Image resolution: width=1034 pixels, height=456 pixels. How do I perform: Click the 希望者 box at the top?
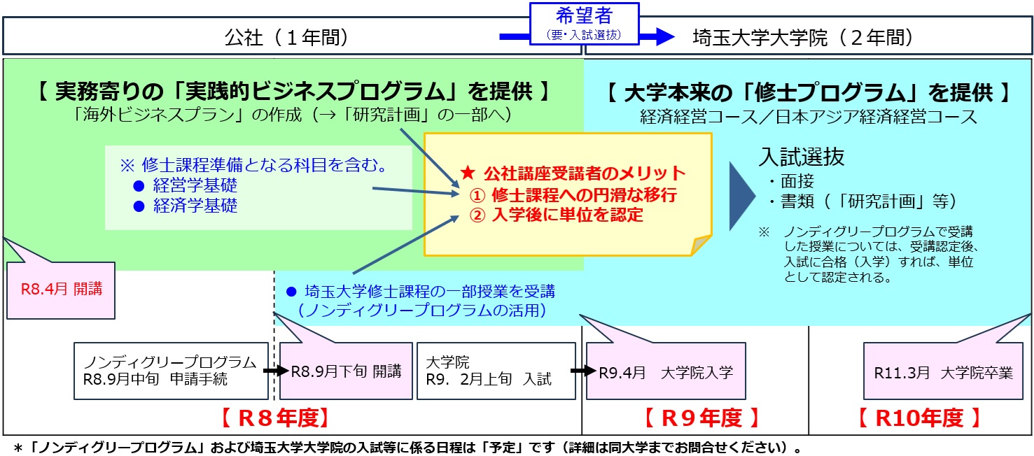click(x=585, y=22)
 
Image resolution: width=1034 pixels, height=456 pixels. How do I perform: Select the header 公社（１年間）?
click(x=286, y=38)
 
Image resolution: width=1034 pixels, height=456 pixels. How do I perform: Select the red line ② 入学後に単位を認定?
click(x=557, y=215)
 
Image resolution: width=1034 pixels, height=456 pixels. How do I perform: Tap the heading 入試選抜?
click(x=802, y=157)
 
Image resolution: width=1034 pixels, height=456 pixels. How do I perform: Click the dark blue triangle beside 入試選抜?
click(x=743, y=197)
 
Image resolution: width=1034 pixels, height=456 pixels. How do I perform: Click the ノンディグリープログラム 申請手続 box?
click(x=170, y=371)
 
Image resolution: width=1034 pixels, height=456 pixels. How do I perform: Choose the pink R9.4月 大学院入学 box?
click(x=666, y=372)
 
